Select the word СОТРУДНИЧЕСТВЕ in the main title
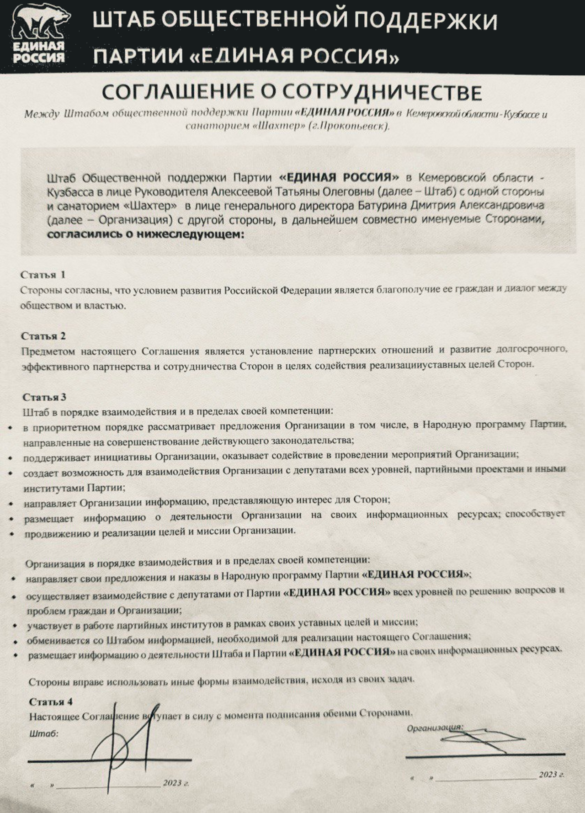coord(382,93)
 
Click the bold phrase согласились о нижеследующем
coord(146,234)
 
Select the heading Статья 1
coord(43,275)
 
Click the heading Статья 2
coord(43,336)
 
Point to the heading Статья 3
coord(44,397)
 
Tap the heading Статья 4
coord(51,701)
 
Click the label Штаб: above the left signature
coord(44,733)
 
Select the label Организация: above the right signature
coord(435,728)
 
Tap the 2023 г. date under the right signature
coord(551,775)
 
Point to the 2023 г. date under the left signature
coord(175,783)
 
